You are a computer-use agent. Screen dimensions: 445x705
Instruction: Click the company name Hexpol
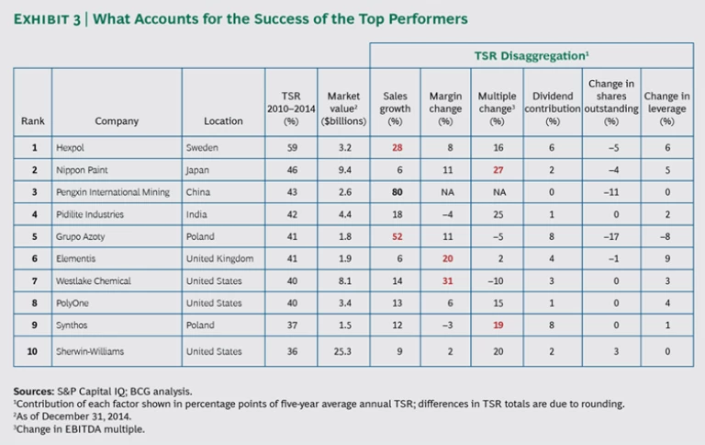[72, 146]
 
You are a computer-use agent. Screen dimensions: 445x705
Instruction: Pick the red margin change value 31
[445, 280]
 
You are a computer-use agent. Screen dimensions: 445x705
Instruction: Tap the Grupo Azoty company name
[81, 236]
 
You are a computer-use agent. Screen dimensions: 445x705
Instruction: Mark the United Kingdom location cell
[219, 258]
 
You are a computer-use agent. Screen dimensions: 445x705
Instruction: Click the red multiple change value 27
[498, 168]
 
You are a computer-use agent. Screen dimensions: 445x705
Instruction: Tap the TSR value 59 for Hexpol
[290, 146]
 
